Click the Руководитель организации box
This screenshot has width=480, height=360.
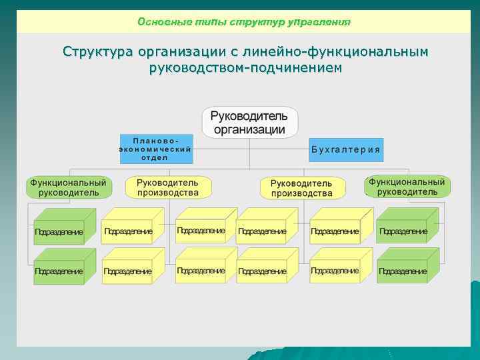point(250,122)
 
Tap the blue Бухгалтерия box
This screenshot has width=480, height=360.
point(346,149)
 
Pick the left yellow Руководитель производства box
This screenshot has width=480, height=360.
point(168,187)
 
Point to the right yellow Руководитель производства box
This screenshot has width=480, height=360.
point(302,188)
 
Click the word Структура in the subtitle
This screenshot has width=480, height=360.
point(97,52)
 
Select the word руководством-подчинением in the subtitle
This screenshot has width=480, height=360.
point(246,67)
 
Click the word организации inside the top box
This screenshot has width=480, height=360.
point(249,129)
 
